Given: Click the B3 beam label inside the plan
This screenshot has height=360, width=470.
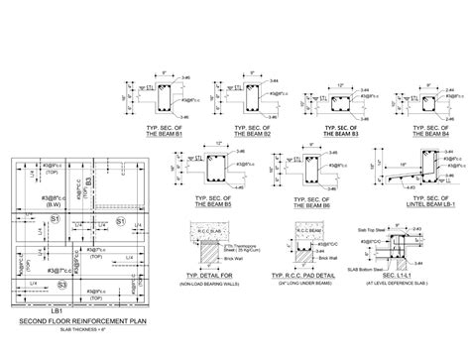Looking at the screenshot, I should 87,181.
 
